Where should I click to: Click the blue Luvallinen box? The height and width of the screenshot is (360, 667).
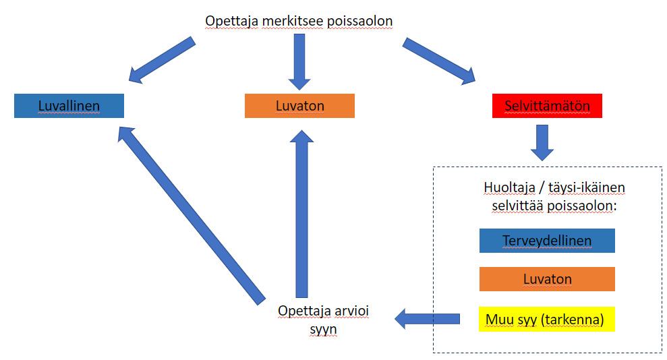click(x=69, y=106)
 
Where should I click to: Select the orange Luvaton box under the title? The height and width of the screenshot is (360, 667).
click(x=299, y=106)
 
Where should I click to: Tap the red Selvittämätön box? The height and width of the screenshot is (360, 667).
click(x=547, y=106)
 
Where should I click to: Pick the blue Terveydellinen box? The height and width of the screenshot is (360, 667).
click(x=547, y=241)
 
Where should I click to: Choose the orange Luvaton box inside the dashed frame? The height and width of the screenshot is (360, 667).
click(x=547, y=279)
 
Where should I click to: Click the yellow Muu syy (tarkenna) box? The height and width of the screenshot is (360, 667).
click(x=547, y=319)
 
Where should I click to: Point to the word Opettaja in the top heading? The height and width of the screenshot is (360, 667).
click(x=231, y=22)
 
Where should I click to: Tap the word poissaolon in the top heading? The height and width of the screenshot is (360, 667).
click(x=360, y=22)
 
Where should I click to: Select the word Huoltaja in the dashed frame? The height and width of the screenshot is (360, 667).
click(x=510, y=187)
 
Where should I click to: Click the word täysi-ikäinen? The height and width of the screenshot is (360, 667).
click(x=587, y=187)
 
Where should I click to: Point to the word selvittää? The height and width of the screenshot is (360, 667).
click(x=518, y=206)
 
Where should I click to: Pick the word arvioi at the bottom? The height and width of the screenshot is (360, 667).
click(x=351, y=311)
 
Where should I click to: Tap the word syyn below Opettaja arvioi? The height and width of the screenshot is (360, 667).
click(x=323, y=330)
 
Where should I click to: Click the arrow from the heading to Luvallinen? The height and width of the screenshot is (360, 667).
click(x=162, y=60)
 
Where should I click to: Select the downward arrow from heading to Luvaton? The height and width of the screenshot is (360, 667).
click(x=299, y=62)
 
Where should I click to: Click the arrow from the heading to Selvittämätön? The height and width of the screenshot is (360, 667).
click(x=439, y=61)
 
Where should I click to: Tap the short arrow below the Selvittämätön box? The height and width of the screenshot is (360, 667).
click(x=542, y=143)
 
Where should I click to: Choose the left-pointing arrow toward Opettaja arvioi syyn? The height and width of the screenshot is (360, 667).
click(x=427, y=319)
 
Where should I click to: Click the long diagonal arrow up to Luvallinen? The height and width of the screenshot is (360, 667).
click(x=192, y=216)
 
